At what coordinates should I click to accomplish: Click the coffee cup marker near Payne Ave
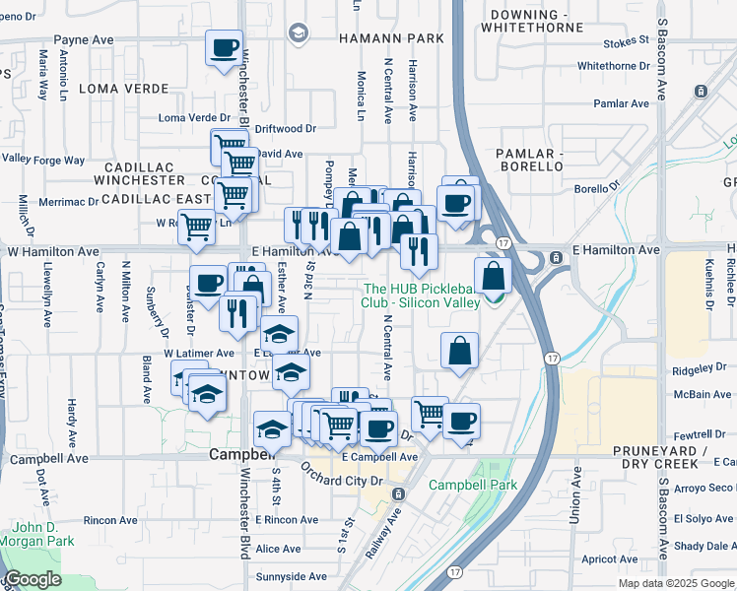pos(224,46)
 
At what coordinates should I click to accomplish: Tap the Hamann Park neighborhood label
pos(390,38)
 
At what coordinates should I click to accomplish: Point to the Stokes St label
pos(628,42)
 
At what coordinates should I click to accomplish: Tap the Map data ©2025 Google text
pos(675,583)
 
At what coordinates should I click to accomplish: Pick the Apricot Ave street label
pos(609,558)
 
